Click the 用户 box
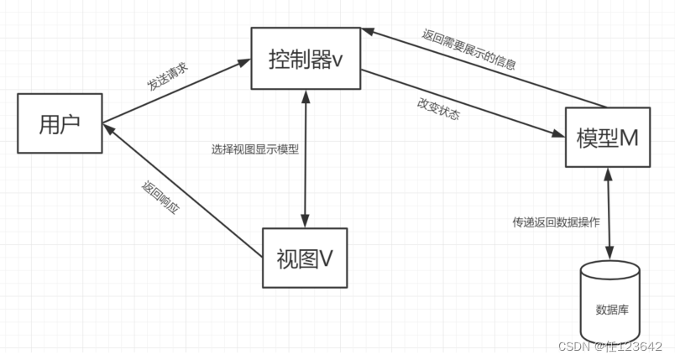click(60, 123)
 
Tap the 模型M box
click(608, 138)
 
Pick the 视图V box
click(304, 258)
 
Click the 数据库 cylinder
click(610, 305)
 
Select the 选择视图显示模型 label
click(255, 149)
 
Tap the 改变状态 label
click(437, 112)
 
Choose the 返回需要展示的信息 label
click(468, 48)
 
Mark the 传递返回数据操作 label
click(557, 222)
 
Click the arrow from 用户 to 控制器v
click(176, 91)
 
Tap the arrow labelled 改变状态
click(462, 103)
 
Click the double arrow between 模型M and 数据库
click(609, 214)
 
